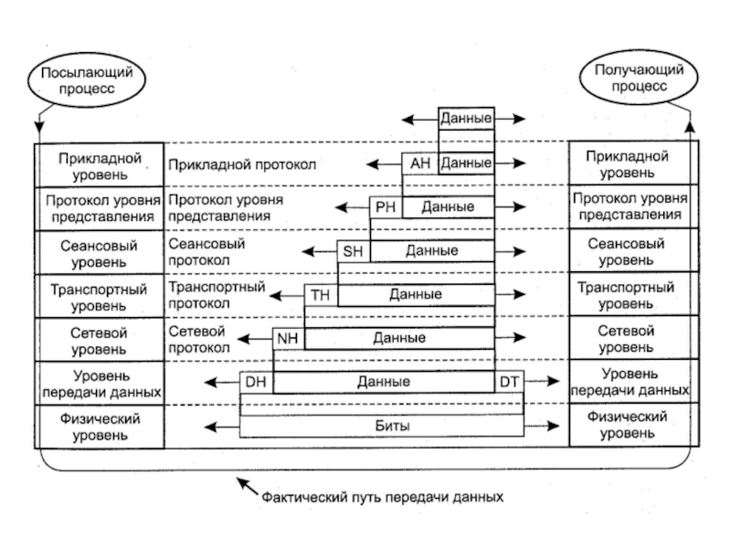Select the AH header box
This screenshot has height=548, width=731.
pos(419,163)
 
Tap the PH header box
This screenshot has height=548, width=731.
pos(385,207)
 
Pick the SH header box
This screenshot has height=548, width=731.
pos(353,250)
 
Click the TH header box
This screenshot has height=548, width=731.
pos(320,294)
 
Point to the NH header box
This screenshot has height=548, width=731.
pos(288,338)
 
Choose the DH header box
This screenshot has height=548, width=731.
pos(256,382)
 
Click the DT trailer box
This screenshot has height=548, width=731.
pos(509,382)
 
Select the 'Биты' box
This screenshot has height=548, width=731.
pos(381,427)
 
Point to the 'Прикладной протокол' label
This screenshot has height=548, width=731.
pos(240,165)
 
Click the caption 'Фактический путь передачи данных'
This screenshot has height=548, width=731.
pos(382,499)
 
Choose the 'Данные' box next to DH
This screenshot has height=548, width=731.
pos(384,382)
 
